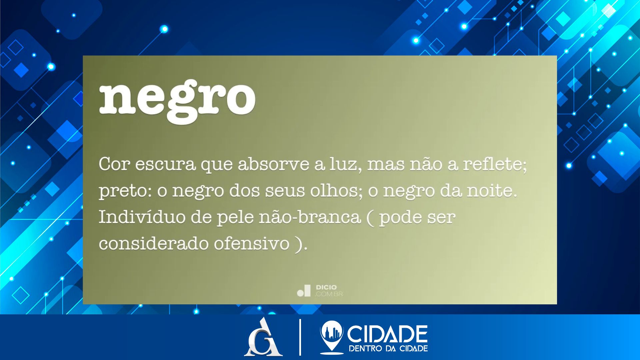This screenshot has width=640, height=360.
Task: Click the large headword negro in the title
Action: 177,101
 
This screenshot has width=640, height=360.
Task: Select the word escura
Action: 165,164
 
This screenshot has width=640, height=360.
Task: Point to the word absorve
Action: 273,164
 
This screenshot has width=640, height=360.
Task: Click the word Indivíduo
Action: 142,217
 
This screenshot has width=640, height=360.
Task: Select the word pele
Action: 235,217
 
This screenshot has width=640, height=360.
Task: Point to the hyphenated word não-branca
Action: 310,217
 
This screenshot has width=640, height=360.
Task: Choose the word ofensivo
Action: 251,243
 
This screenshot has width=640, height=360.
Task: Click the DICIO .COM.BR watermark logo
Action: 320,290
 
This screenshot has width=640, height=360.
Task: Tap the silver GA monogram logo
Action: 263,337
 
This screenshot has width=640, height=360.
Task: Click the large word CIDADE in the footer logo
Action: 387,334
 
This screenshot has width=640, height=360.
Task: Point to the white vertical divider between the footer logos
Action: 300,337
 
